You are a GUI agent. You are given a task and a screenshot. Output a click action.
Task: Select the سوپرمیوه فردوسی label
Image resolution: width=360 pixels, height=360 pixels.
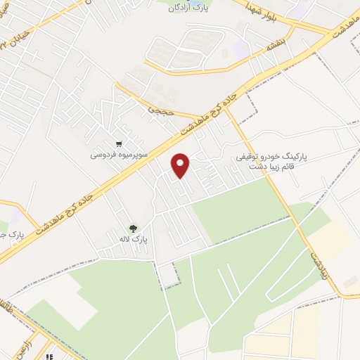117,153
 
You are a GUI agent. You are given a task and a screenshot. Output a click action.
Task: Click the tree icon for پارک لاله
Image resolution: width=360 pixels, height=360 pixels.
133,228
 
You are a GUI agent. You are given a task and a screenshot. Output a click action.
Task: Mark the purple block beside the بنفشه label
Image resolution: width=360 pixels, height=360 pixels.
241,49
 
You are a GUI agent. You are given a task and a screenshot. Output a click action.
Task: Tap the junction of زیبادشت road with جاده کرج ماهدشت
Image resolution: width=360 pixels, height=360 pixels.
231,105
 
